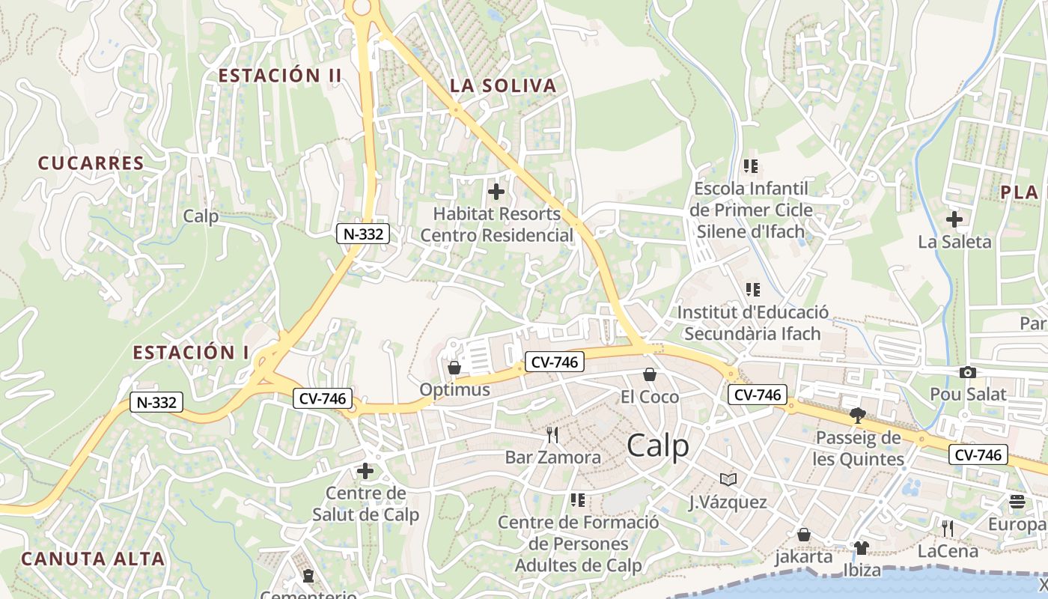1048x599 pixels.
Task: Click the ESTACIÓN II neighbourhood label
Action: pyautogui.click(x=280, y=76)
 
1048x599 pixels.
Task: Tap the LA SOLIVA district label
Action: pyautogui.click(x=503, y=86)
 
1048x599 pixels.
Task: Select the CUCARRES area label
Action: pyautogui.click(x=91, y=163)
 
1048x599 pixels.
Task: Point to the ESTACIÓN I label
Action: pyautogui.click(x=190, y=353)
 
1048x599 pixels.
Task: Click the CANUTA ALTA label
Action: pyautogui.click(x=93, y=559)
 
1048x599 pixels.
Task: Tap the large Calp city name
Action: pyautogui.click(x=657, y=446)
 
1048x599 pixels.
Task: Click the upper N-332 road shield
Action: pyautogui.click(x=363, y=234)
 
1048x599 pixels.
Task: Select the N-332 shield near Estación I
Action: pyautogui.click(x=156, y=402)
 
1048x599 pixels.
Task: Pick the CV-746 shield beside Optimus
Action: pyautogui.click(x=554, y=362)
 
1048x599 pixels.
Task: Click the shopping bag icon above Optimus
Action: pyautogui.click(x=454, y=368)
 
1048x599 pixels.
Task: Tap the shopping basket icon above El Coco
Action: pyautogui.click(x=649, y=374)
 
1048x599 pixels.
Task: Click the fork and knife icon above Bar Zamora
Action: pyautogui.click(x=552, y=435)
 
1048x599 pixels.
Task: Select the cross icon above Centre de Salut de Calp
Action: pyautogui.click(x=365, y=471)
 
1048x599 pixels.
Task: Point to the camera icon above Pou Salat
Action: pyautogui.click(x=967, y=372)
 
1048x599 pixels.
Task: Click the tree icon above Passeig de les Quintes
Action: pyautogui.click(x=858, y=416)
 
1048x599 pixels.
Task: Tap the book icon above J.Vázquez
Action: pyautogui.click(x=728, y=479)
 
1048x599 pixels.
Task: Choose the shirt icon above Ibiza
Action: pyautogui.click(x=861, y=548)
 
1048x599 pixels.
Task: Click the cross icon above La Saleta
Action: pyautogui.click(x=954, y=219)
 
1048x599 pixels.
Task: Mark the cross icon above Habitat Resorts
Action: pyautogui.click(x=496, y=192)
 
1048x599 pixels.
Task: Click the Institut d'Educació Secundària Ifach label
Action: pyautogui.click(x=752, y=323)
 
